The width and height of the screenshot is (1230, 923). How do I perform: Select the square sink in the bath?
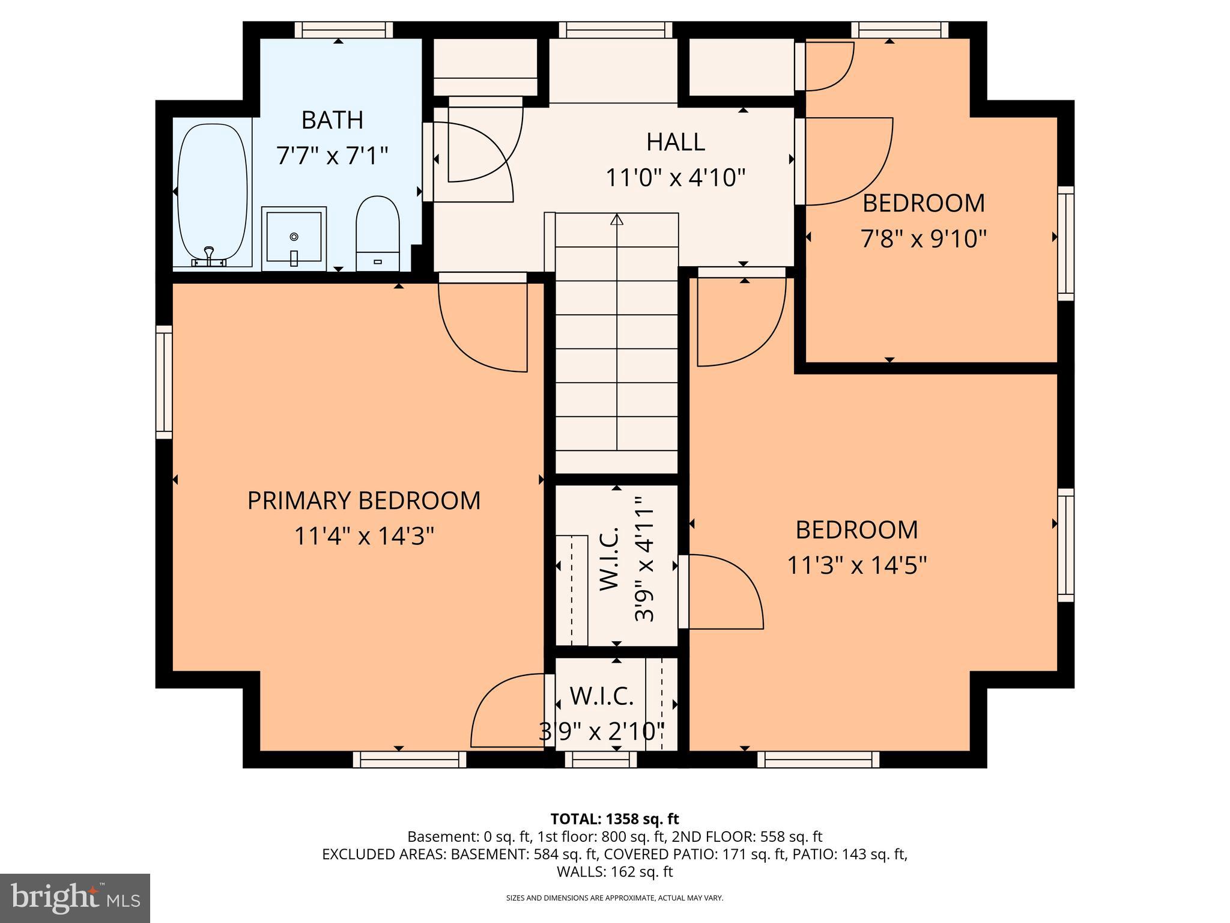point(294,238)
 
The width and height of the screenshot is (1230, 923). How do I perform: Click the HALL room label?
point(676,142)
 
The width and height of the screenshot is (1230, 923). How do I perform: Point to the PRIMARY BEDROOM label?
point(364,501)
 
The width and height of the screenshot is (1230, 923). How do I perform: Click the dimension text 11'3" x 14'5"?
point(857,565)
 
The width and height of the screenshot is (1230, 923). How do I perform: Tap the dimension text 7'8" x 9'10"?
point(924,239)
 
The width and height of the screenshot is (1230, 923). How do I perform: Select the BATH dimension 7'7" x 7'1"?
point(332,156)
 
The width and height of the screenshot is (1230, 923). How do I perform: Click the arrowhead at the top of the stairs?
point(617,219)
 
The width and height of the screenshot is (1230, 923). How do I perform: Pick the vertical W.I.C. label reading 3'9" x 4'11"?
point(643,559)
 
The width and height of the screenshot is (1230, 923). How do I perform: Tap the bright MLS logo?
point(75,898)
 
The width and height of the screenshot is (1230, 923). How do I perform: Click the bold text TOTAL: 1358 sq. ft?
point(614,818)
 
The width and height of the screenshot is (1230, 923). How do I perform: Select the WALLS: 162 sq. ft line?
point(614,872)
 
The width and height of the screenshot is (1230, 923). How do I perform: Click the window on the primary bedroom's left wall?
point(164,382)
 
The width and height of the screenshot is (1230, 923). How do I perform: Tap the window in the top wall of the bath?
point(344,30)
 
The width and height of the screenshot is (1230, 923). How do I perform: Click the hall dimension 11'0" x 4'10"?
point(676,178)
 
